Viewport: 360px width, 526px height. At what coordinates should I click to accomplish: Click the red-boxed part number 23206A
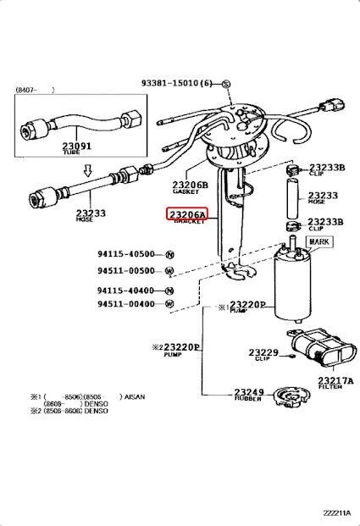tap(186, 216)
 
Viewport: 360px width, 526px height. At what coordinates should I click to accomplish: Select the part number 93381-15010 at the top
tap(180, 84)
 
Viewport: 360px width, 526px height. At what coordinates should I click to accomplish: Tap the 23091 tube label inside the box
tap(75, 146)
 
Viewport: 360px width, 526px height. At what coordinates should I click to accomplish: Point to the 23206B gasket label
tap(190, 185)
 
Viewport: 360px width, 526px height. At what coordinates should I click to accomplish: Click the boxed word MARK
tap(319, 242)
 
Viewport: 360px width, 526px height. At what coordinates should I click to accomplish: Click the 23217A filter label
tap(335, 381)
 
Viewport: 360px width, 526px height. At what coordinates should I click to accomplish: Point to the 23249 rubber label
tap(249, 392)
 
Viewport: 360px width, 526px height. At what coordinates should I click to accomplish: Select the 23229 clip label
tap(263, 352)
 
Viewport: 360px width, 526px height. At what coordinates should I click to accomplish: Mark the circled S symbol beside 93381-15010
tap(226, 84)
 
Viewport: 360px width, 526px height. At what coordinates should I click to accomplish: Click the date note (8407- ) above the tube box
tap(34, 88)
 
